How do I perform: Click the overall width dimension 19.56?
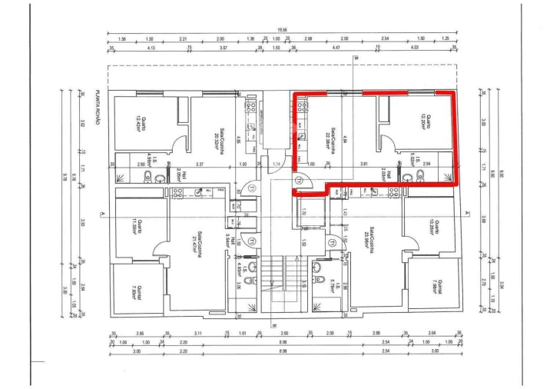click(283, 32)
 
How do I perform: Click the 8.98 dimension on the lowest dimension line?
click(283, 351)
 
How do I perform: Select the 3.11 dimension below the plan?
click(198, 334)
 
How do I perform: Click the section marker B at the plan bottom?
click(273, 324)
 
